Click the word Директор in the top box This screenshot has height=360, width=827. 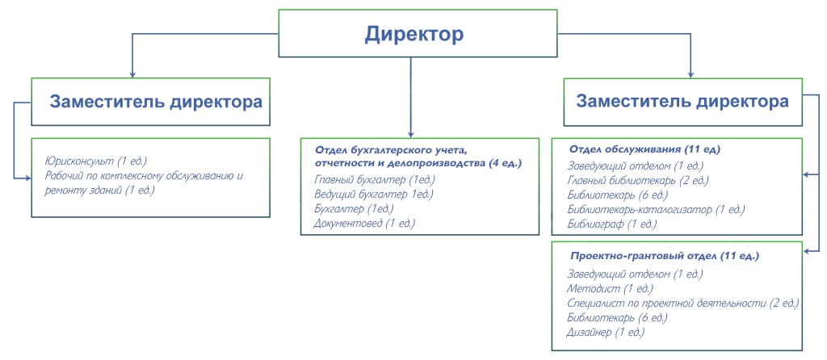[413, 35]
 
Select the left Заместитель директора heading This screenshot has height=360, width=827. [156, 103]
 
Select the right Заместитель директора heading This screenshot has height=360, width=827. [682, 103]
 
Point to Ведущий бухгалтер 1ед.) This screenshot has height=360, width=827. [374, 194]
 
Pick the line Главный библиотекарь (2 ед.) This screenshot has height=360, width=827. [638, 180]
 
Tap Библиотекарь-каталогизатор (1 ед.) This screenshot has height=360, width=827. [656, 209]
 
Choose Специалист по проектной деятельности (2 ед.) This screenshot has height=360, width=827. [683, 303]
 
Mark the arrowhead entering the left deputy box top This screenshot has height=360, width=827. [132, 73]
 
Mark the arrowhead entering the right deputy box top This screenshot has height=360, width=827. [691, 73]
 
